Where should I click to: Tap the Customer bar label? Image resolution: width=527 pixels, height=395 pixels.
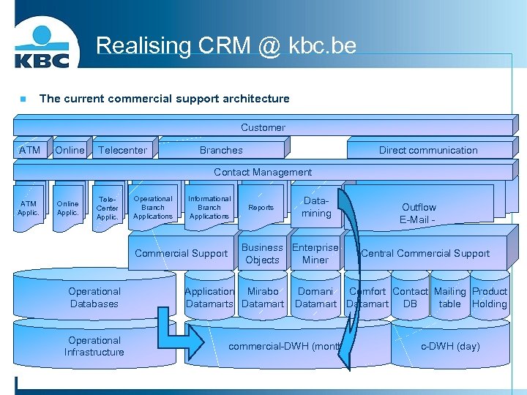coord(263,127)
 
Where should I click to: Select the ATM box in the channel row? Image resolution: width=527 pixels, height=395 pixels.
coord(30,150)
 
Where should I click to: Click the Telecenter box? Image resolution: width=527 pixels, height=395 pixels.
coord(122,150)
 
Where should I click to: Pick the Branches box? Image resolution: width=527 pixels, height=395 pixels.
coord(221,150)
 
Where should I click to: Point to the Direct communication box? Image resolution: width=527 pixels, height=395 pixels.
coord(428,150)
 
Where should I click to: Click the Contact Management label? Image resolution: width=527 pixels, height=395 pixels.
coord(263,172)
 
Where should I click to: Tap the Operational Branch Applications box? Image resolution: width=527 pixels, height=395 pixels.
coord(153,207)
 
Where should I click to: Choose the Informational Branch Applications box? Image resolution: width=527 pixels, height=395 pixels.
coord(209,207)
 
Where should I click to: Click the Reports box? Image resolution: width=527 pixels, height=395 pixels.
coord(261,208)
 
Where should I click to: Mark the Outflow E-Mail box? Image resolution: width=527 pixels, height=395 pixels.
coord(419,213)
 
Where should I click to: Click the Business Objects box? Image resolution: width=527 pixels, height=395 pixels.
coord(262,254)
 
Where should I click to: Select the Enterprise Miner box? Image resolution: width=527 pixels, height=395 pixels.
coord(315,254)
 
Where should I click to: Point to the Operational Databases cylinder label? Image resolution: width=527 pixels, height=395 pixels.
coord(94,298)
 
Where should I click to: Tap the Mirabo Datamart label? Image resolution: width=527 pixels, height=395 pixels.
coord(263,298)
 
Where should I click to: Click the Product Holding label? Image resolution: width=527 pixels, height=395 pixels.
coord(489,298)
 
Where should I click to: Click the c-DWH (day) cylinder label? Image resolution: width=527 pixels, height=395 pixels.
coord(450,346)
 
